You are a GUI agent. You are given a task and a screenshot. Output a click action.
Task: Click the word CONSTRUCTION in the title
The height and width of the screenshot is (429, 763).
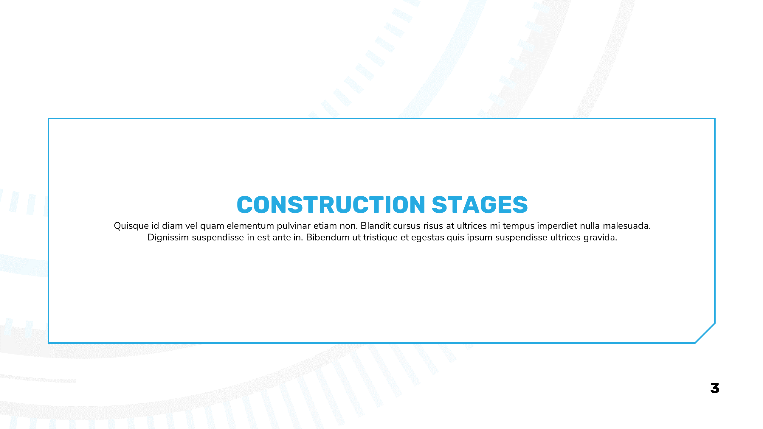pyautogui.click(x=331, y=205)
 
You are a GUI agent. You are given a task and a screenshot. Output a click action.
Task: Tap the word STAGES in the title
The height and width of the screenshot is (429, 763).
pyautogui.click(x=480, y=205)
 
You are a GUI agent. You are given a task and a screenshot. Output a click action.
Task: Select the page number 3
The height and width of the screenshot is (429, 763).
pyautogui.click(x=715, y=388)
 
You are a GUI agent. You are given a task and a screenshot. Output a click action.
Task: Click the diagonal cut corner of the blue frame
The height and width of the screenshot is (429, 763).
pyautogui.click(x=705, y=333)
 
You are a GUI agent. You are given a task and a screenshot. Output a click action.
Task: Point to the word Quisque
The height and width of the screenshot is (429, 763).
pyautogui.click(x=131, y=226)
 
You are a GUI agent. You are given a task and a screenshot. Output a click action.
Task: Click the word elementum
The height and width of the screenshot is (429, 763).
pyautogui.click(x=250, y=226)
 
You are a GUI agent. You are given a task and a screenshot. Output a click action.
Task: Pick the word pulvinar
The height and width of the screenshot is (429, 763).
pyautogui.click(x=294, y=226)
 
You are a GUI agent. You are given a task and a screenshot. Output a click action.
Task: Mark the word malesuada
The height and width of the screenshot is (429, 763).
pyautogui.click(x=627, y=226)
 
